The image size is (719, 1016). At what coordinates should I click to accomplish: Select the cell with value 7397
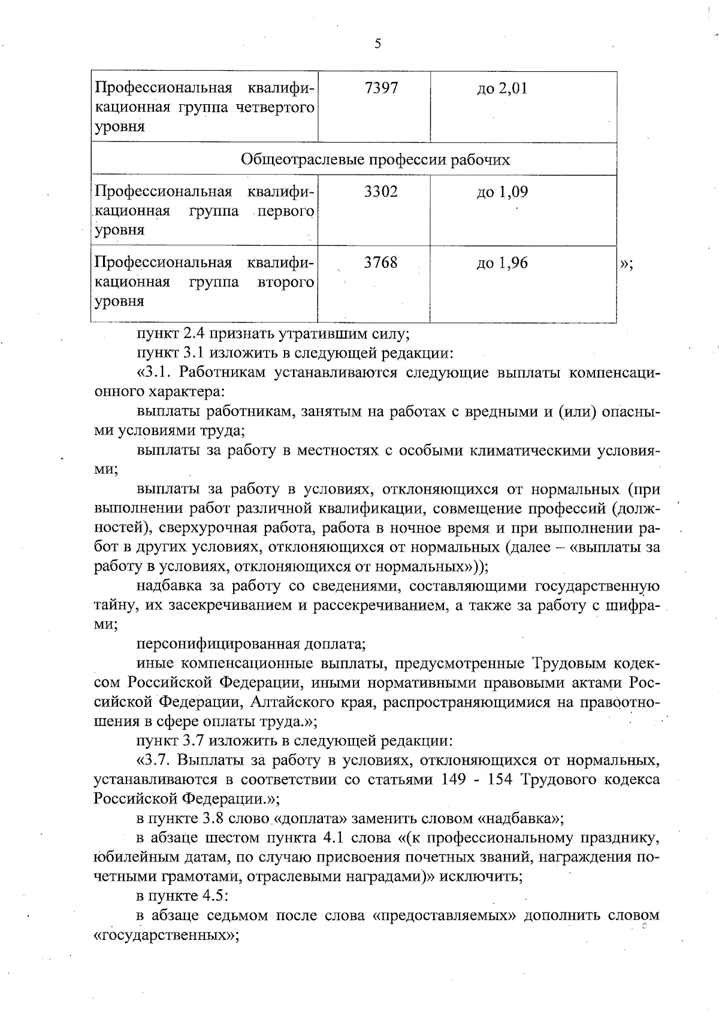coord(380,89)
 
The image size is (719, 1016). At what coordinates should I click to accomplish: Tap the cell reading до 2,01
coord(502,89)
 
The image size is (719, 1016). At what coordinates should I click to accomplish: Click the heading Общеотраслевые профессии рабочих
coord(376,159)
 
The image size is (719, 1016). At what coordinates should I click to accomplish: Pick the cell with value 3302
coord(380,192)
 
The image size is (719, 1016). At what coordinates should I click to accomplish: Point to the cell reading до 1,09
coord(502,192)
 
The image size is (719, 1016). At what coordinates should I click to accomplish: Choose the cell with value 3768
coord(380,263)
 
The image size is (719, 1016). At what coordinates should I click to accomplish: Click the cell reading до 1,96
coord(502,263)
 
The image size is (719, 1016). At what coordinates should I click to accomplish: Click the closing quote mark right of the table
coord(626,264)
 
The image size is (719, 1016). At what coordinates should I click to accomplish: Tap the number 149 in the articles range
coord(453,780)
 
